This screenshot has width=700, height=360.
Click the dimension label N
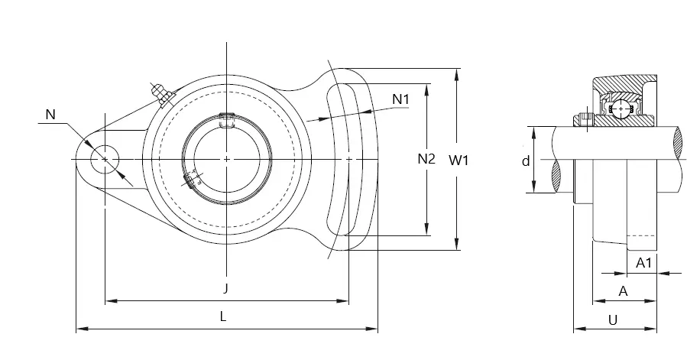(50, 115)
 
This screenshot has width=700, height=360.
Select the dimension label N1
(400, 99)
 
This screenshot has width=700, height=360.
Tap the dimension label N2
(426, 158)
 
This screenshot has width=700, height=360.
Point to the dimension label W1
(459, 161)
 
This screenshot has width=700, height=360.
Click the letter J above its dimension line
(226, 289)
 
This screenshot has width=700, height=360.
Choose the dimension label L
(223, 316)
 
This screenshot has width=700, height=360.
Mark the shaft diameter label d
(526, 161)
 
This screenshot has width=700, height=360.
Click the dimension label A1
(643, 263)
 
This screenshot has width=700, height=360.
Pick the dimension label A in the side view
(624, 291)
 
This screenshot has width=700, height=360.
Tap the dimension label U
(613, 319)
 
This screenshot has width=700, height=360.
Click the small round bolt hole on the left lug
(105, 159)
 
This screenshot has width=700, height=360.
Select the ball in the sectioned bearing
(621, 109)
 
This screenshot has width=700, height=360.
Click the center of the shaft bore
(227, 159)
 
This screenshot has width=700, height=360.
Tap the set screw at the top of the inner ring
(227, 120)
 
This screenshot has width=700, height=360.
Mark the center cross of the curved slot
(348, 159)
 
